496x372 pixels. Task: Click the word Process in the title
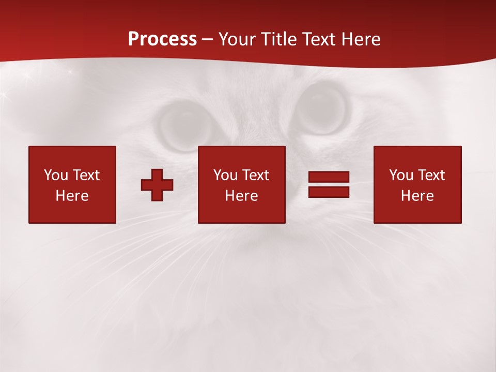(x=162, y=39)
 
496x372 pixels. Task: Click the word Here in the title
(x=361, y=39)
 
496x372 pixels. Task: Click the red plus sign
(x=157, y=185)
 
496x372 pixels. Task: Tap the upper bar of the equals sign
(x=329, y=177)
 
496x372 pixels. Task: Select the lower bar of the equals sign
(x=329, y=192)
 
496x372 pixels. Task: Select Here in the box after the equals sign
(x=417, y=196)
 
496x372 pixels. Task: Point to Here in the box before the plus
(x=72, y=196)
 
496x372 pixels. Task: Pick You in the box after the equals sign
(x=401, y=175)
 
